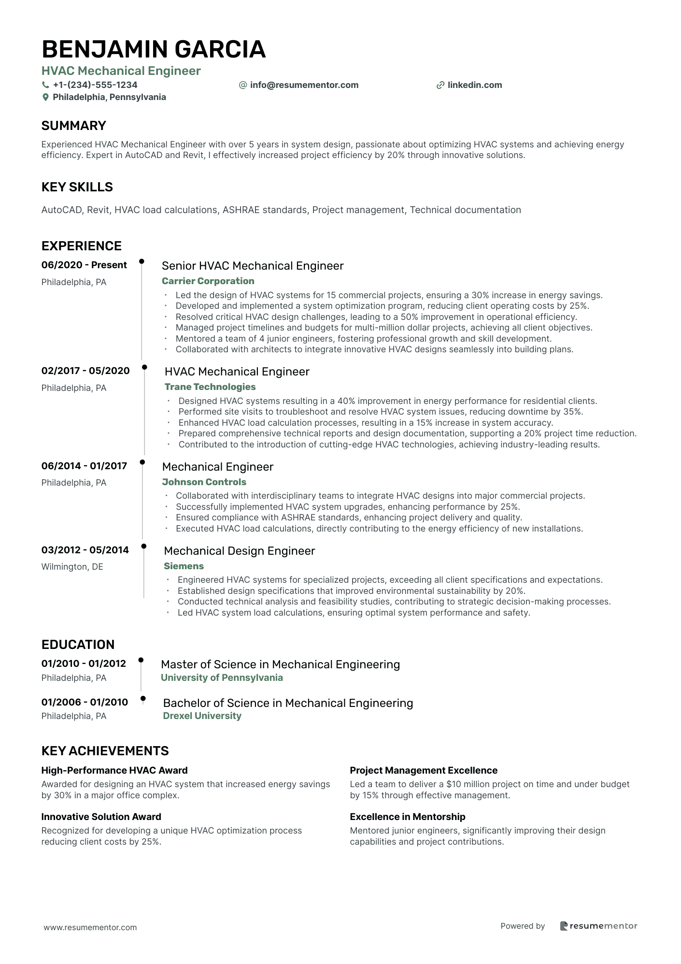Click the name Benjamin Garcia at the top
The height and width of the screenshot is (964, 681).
[154, 49]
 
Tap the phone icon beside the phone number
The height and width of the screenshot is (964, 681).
[46, 85]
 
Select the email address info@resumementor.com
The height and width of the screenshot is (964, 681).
[304, 85]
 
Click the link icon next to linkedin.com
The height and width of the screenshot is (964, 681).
[440, 85]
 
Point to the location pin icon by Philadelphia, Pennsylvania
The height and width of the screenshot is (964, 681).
[46, 97]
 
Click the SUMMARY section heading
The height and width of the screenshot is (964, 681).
[73, 126]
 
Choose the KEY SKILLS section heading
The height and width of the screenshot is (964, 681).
[77, 187]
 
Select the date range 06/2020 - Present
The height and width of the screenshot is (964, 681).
[84, 265]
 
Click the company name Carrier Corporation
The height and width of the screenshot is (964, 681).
[208, 281]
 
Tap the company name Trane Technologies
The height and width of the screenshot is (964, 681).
[210, 387]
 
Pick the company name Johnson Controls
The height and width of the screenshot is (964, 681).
[204, 482]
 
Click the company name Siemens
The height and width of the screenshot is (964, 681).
[184, 566]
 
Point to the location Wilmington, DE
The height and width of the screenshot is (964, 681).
[72, 566]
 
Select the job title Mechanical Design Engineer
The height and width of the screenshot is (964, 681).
[239, 551]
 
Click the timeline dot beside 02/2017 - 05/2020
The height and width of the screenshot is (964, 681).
[144, 367]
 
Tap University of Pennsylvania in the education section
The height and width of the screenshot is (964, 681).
[222, 677]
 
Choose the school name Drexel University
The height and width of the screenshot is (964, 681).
[202, 716]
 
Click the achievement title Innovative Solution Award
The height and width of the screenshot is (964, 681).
[101, 817]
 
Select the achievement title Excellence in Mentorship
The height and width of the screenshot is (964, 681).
[408, 817]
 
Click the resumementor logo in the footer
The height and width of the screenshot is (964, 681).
[598, 926]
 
